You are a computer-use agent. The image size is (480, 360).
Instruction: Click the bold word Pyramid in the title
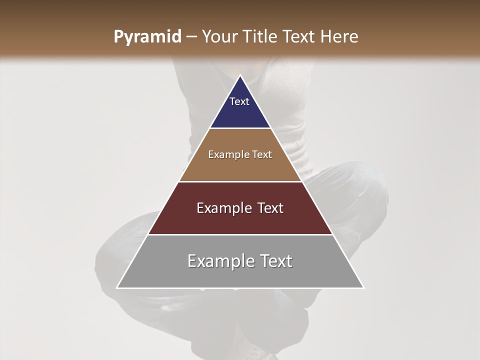[147, 37]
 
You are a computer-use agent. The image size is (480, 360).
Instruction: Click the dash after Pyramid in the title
[191, 37]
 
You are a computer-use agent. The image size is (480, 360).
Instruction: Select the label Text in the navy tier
[239, 101]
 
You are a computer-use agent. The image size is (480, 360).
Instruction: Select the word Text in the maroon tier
[270, 208]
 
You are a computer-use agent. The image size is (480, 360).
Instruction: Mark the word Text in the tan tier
[262, 154]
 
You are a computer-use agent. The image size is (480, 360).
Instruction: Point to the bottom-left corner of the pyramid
[117, 287]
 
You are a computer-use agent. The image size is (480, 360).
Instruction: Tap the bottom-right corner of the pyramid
[363, 287]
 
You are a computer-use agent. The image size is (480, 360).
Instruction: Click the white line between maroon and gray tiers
[240, 234]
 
